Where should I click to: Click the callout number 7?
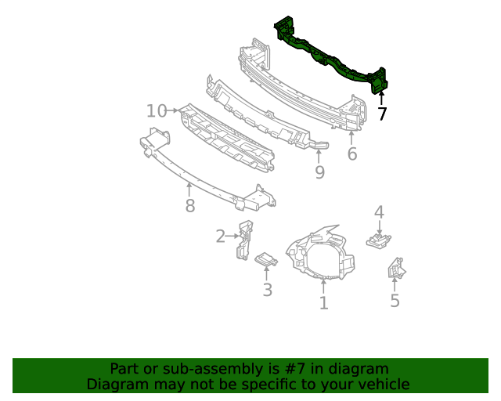click(382, 114)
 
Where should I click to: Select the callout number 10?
click(157, 111)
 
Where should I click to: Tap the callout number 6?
click(352, 154)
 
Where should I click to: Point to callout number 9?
click(319, 172)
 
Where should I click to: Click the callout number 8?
click(189, 206)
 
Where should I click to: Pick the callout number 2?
click(221, 235)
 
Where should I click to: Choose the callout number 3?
click(267, 291)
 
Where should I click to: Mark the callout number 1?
click(323, 302)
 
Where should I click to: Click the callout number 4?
click(379, 211)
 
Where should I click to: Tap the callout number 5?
click(395, 301)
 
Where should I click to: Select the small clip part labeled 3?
click(266, 259)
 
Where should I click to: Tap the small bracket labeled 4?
click(378, 239)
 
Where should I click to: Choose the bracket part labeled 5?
click(396, 269)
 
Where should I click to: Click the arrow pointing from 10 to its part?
click(174, 111)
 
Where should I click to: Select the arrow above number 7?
click(382, 97)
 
